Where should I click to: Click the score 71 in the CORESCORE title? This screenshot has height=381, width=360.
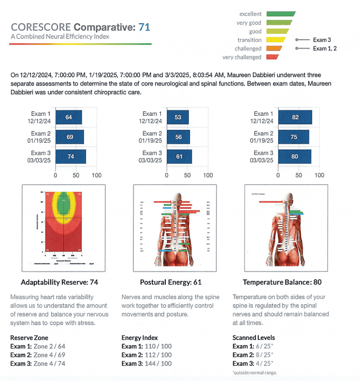[x=144, y=27]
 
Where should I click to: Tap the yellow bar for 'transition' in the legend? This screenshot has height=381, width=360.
[x=275, y=40]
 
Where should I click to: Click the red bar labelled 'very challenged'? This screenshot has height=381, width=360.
[x=272, y=57]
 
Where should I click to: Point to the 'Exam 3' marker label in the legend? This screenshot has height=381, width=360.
[x=321, y=40]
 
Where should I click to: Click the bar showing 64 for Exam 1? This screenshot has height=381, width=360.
[x=69, y=117]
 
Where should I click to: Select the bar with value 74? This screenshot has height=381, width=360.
[x=70, y=156]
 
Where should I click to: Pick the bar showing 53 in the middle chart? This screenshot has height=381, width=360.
[x=177, y=117]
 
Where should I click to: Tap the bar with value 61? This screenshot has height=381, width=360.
[x=179, y=156]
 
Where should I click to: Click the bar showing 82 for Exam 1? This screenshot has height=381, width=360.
[x=295, y=117]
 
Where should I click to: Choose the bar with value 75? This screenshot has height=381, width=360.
[x=293, y=137]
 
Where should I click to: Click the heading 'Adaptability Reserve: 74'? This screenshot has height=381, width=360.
[x=60, y=282]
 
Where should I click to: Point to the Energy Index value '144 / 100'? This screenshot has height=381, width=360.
[x=160, y=364]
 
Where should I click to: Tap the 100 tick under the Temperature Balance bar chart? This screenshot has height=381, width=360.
[x=319, y=174]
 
